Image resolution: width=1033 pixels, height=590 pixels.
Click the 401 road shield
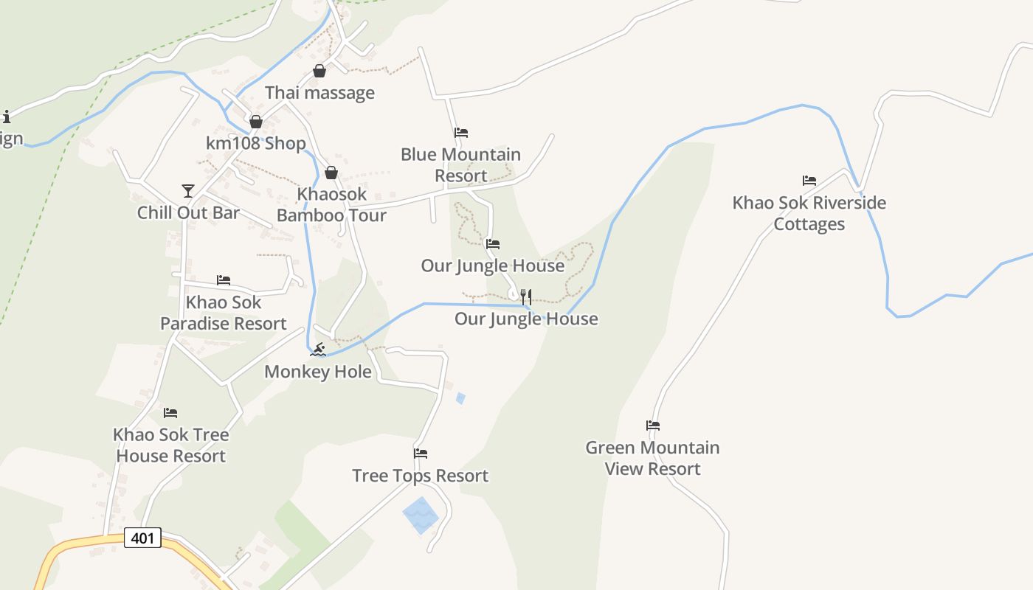point(142,538)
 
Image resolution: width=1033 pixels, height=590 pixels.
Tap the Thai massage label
point(319,93)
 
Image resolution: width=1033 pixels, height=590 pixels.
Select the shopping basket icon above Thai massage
point(319,71)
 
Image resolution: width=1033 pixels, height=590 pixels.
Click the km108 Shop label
point(255,143)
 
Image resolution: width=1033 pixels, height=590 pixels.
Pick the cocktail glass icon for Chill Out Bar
point(188,191)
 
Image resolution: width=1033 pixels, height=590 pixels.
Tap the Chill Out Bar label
point(188,213)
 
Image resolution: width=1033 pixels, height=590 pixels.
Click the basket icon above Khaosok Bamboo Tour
point(331,173)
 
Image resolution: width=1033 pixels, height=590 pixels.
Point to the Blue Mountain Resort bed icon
point(461,133)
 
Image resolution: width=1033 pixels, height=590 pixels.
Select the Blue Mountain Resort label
point(460,165)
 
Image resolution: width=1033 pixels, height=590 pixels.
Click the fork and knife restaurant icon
point(526,296)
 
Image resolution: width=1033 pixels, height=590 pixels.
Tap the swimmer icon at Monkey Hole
point(318,349)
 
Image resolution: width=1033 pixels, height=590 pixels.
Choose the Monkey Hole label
point(317,372)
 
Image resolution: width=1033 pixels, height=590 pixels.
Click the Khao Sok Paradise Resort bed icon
point(224,280)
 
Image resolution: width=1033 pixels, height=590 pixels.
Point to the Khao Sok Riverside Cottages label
point(809,213)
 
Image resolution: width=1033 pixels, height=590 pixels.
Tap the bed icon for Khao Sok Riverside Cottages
point(809,181)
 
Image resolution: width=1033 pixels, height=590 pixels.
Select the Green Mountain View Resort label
point(652,458)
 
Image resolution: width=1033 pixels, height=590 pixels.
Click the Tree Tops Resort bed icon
point(421,454)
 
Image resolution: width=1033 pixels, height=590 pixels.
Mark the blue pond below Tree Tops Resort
point(421,515)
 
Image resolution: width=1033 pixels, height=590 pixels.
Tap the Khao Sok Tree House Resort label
point(170,445)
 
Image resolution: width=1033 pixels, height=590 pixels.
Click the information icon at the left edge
point(7,117)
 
